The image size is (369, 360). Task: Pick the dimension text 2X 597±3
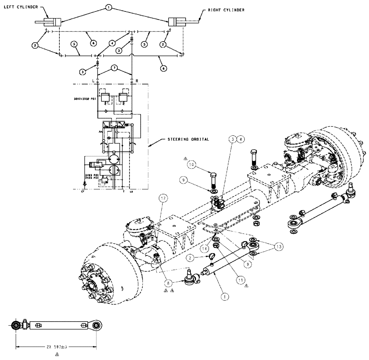56,347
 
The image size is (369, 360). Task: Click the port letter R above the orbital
137,80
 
